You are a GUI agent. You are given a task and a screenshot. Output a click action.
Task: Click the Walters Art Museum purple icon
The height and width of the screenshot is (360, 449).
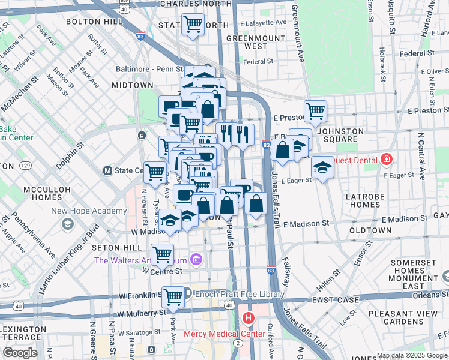(196, 260)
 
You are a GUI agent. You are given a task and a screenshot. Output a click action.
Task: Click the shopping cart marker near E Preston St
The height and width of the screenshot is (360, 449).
(315, 110)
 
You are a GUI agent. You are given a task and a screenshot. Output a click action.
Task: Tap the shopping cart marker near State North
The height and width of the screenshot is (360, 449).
(193, 25)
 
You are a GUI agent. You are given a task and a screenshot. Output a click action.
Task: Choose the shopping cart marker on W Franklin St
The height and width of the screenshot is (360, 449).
(173, 295)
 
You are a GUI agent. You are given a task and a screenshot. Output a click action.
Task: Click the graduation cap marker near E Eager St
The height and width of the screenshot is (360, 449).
(322, 167)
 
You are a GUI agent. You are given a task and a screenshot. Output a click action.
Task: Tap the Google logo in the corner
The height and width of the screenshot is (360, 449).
(21, 353)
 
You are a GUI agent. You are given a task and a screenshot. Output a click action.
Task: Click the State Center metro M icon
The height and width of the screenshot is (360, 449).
(109, 170)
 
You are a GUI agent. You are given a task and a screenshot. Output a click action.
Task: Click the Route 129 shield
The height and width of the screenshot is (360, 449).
(25, 164)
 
